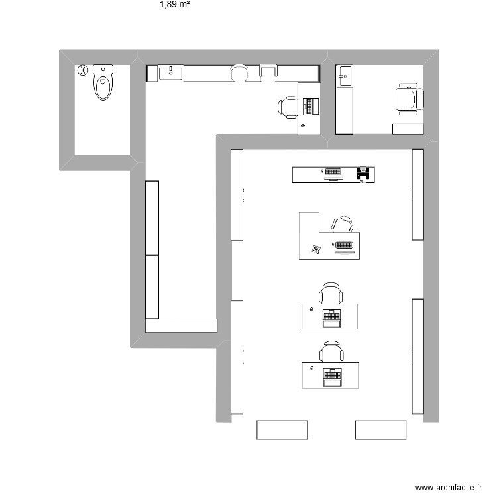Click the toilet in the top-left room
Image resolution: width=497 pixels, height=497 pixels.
click(103, 83)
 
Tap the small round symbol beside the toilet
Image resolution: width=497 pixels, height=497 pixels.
click(83, 70)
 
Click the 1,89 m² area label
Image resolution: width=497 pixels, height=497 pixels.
click(175, 5)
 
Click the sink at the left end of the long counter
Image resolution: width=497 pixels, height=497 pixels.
click(171, 72)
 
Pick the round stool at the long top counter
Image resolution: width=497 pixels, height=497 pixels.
click(239, 72)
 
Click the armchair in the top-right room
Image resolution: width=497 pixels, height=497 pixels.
click(408, 99)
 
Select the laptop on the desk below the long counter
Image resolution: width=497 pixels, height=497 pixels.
click(310, 105)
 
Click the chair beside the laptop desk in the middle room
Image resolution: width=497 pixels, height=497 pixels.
click(289, 106)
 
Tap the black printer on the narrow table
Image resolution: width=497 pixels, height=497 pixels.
click(362, 174)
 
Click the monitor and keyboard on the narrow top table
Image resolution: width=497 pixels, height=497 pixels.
click(333, 174)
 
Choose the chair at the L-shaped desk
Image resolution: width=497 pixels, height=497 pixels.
click(343, 225)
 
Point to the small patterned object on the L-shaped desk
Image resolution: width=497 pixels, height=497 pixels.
click(315, 249)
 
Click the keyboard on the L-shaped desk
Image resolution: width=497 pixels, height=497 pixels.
click(343, 246)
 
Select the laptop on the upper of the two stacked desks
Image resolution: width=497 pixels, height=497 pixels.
click(331, 318)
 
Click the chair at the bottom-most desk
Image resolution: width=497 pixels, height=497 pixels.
click(331, 351)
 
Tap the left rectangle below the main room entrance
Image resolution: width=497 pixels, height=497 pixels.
click(282, 429)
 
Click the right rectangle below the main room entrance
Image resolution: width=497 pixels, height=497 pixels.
click(380, 429)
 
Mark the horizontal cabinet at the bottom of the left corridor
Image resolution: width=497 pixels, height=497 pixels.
click(182, 325)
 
